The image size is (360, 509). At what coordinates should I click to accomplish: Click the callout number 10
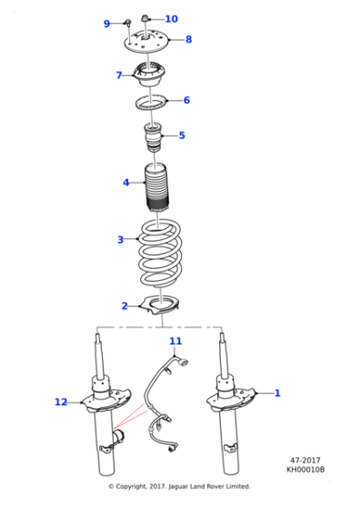pyautogui.click(x=171, y=18)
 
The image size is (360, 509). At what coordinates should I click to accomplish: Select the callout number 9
pyautogui.click(x=106, y=24)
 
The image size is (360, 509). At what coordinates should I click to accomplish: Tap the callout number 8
pyautogui.click(x=188, y=39)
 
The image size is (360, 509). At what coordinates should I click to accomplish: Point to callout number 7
pyautogui.click(x=118, y=75)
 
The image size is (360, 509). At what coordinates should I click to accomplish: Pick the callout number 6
pyautogui.click(x=186, y=100)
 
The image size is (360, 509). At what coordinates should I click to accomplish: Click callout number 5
pyautogui.click(x=181, y=135)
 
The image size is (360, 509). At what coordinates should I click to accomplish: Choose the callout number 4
pyautogui.click(x=126, y=183)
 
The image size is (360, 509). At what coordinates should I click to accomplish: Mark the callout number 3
pyautogui.click(x=119, y=240)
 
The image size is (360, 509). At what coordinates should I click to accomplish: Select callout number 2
pyautogui.click(x=125, y=305)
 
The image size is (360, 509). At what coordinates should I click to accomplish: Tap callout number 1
pyautogui.click(x=277, y=393)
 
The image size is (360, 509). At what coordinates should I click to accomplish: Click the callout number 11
pyautogui.click(x=175, y=341)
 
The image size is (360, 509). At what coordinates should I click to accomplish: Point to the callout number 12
pyautogui.click(x=60, y=401)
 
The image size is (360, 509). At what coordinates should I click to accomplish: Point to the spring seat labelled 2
pyautogui.click(x=161, y=305)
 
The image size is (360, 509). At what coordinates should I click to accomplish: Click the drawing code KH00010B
pyautogui.click(x=305, y=469)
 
